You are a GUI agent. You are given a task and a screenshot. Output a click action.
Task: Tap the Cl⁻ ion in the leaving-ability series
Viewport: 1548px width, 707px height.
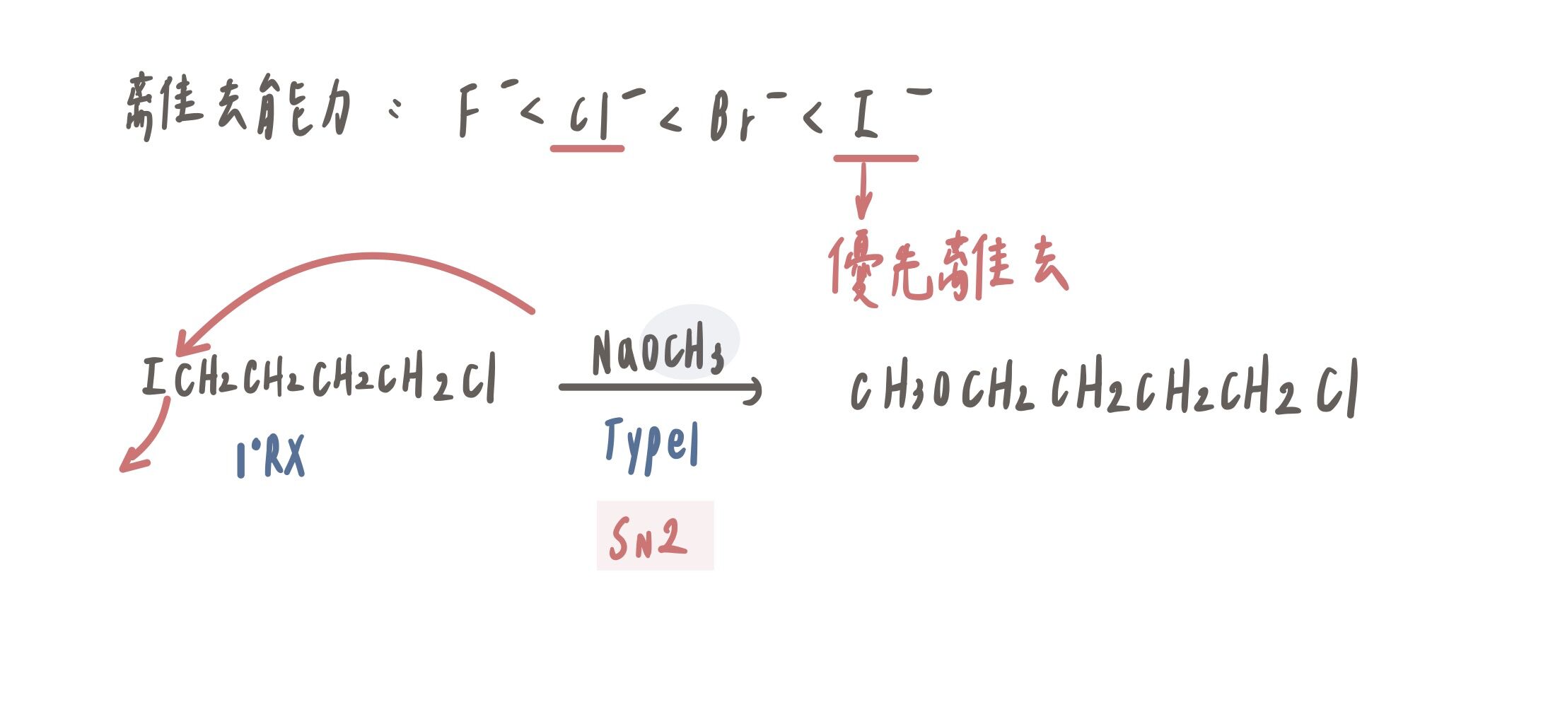coord(607,113)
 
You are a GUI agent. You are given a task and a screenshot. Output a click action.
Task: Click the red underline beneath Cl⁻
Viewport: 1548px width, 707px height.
coord(587,148)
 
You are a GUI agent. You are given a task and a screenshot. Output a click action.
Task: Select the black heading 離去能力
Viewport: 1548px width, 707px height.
coord(237,106)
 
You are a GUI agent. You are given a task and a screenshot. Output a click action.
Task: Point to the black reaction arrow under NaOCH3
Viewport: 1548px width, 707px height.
coord(660,387)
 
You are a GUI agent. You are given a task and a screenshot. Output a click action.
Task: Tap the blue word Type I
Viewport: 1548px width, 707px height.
coord(651,444)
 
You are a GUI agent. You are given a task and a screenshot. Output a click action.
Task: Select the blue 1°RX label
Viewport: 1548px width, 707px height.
coord(270,457)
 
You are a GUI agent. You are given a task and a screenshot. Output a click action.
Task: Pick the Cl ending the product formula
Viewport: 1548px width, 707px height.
coord(1337,389)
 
